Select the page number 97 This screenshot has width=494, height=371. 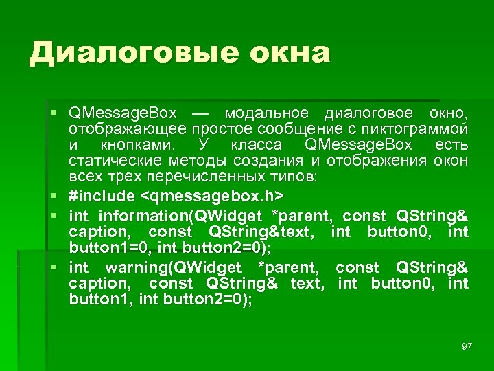tap(467, 346)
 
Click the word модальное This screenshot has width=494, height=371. tap(268, 113)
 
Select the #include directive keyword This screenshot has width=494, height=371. tap(102, 196)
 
